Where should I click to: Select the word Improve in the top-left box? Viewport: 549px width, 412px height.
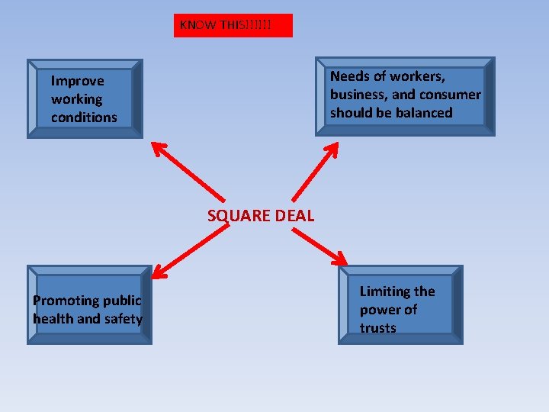(x=77, y=81)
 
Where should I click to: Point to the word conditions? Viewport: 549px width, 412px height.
(x=84, y=117)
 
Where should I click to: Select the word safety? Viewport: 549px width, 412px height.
(x=124, y=319)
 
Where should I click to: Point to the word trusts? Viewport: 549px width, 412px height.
(x=378, y=328)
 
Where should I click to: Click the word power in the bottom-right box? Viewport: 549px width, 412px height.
(x=379, y=310)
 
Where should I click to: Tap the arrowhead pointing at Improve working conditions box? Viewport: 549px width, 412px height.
(x=158, y=147)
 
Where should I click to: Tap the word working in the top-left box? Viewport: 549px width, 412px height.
(x=76, y=99)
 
